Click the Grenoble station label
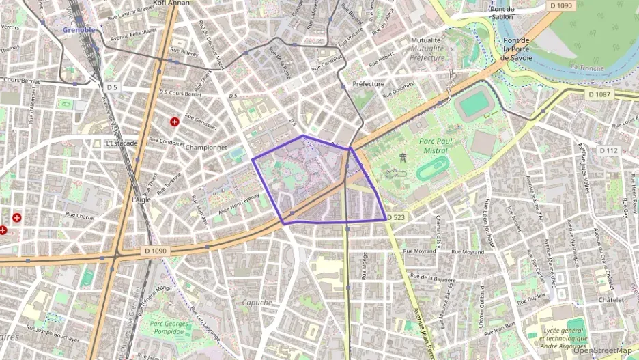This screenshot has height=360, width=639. point(80,30)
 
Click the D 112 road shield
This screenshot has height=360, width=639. point(608,150)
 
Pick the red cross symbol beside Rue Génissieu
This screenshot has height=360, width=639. point(175,122)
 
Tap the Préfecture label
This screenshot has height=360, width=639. point(369,85)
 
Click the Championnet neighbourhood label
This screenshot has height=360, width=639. point(205,147)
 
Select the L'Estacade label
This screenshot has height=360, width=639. point(122,143)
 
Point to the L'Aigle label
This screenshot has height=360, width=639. point(139,200)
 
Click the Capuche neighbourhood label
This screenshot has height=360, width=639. point(257,303)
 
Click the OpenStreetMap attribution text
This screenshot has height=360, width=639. point(602,350)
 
